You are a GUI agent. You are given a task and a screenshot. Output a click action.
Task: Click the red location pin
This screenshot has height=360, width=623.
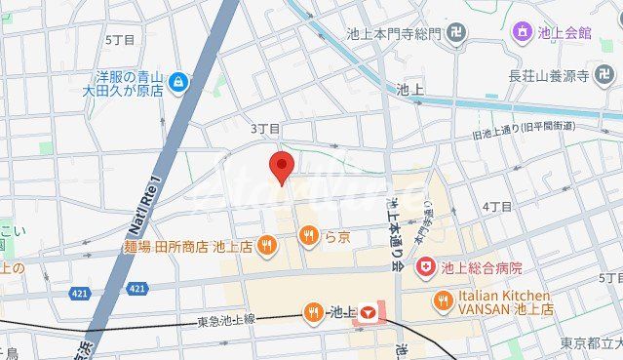pos(282,167)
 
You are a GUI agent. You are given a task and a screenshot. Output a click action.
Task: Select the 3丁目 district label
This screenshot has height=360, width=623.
pos(265,129)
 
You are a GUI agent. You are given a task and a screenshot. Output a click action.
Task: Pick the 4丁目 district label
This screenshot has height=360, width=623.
pos(497,207)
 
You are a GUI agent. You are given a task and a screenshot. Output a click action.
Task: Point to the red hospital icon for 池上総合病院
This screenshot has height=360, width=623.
pos(425,266)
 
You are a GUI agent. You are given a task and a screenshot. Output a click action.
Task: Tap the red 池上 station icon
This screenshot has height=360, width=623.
pos(369,313)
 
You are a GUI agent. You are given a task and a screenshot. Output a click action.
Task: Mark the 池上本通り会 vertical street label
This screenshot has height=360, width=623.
pos(395,231)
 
